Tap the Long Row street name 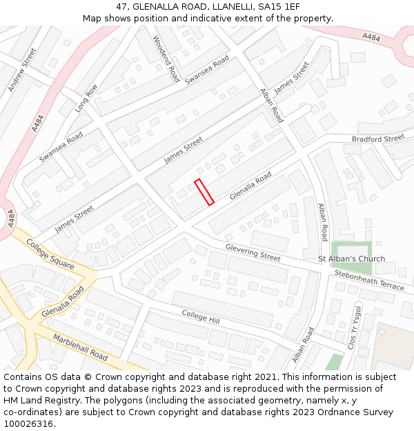(88, 98)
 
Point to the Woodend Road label (166, 59)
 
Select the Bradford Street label (377, 139)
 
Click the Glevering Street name (253, 252)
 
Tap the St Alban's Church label (351, 259)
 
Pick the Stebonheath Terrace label (369, 279)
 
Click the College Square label (50, 254)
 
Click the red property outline (204, 192)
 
